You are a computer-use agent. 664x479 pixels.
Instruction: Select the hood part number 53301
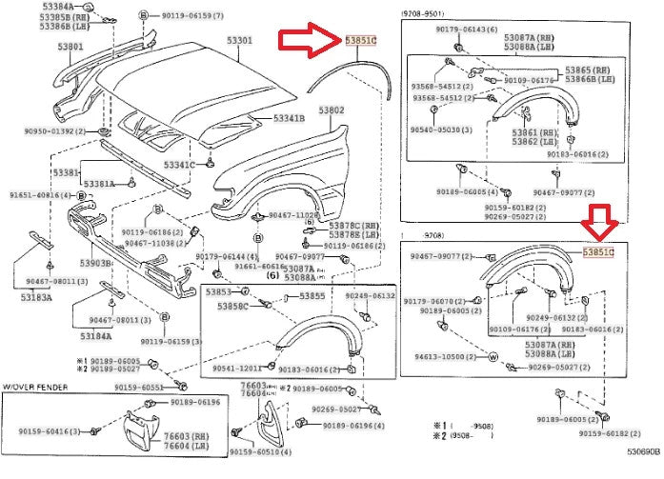tap(239, 41)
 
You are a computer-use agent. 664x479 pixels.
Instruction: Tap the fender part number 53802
tap(331, 110)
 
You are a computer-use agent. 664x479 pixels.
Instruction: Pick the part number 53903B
tap(96, 262)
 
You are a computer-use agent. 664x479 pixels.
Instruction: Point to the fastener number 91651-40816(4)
tap(42, 194)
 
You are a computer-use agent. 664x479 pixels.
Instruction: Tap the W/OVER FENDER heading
tap(36, 388)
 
